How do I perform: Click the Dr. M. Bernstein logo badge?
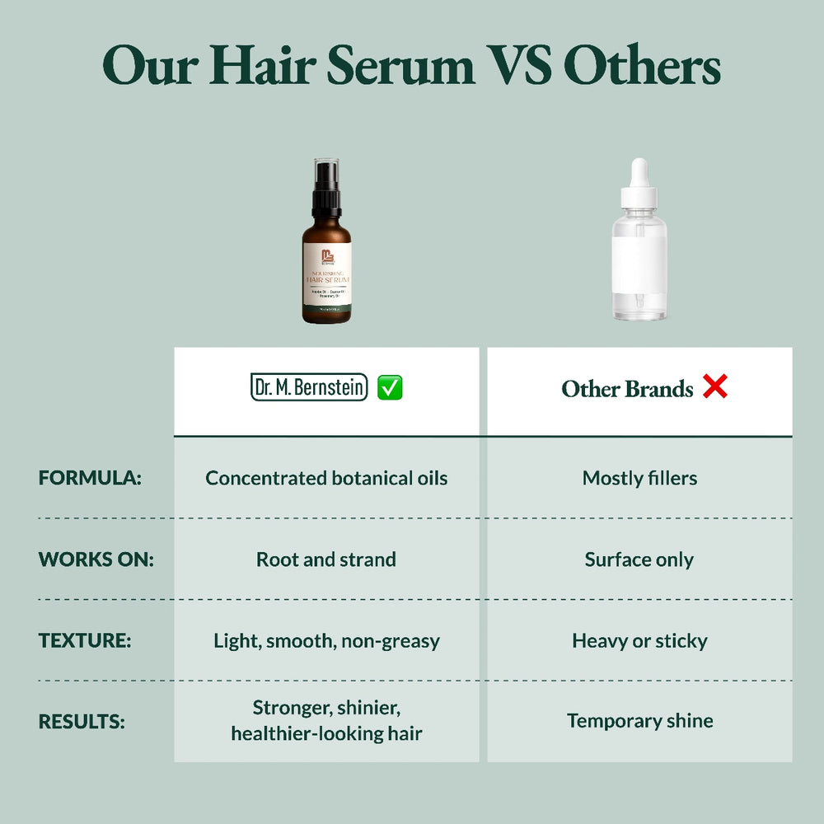(x=309, y=387)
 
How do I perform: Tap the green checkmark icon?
(x=390, y=387)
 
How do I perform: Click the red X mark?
(x=715, y=386)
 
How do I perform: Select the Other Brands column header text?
(x=627, y=389)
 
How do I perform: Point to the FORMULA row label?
(x=90, y=478)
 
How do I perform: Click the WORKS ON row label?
(x=96, y=559)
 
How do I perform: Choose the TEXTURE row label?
(x=85, y=640)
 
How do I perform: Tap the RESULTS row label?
(x=82, y=721)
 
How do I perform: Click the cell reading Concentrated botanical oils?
(x=326, y=478)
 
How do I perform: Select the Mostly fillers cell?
(x=639, y=478)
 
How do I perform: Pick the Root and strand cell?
(x=326, y=559)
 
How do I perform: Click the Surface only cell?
(x=639, y=559)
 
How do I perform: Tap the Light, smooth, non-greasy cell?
(x=326, y=640)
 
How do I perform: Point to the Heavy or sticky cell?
(x=639, y=640)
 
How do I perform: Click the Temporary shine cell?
(x=639, y=721)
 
